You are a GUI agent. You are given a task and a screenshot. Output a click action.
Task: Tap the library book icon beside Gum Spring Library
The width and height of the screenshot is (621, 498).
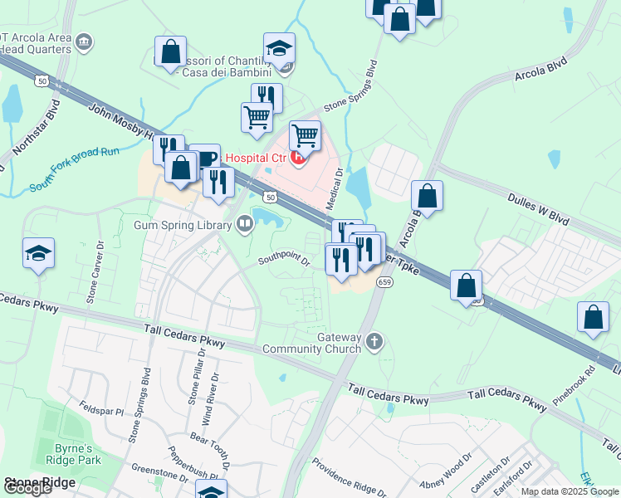point(245,223)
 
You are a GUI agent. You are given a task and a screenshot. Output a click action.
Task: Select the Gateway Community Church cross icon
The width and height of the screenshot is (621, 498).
point(374,340)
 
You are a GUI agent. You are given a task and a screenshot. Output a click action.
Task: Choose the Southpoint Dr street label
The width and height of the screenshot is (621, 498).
point(283,261)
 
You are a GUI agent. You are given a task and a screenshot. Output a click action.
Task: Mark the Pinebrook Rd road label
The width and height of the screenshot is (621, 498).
point(578,379)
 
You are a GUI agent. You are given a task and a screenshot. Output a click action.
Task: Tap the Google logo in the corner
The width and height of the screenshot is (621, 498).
point(27,488)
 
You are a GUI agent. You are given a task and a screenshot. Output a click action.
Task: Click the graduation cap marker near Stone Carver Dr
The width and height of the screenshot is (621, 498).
point(38,252)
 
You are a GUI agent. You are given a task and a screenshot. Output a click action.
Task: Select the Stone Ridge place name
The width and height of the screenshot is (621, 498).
point(39,482)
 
